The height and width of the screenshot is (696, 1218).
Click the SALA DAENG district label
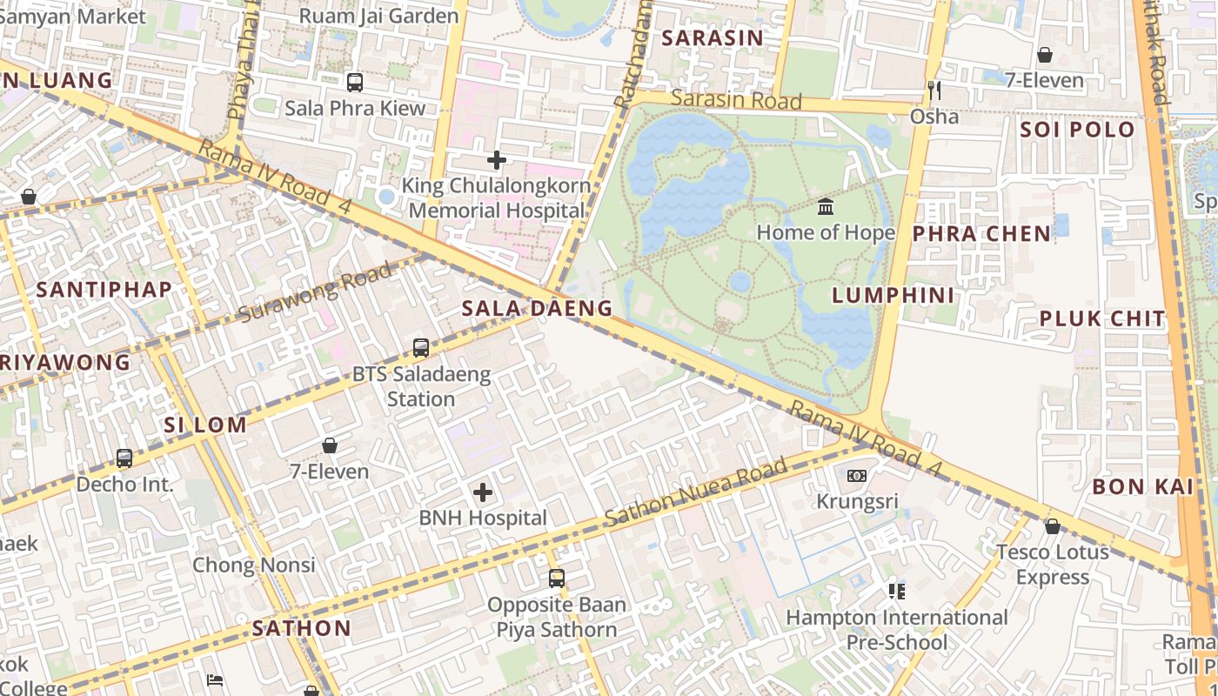coord(537,308)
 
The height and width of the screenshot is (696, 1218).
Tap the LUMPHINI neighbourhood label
coord(893,295)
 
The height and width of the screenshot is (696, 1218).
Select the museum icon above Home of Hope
coord(826,207)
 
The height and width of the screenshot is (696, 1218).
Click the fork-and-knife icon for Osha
coord(934,90)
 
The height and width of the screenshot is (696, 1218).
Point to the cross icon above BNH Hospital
coord(483,493)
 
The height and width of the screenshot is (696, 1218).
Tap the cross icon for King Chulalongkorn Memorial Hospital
coord(497,160)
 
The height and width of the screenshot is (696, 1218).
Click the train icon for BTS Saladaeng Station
coord(421,348)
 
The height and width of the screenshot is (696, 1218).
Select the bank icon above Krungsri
coord(857,476)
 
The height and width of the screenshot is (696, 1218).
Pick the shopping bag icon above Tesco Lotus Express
coord(1052,526)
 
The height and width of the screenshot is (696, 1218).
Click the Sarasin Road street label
coord(736,100)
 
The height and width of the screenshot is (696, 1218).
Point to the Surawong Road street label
coord(314,294)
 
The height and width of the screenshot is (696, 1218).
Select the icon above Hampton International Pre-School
coord(897,592)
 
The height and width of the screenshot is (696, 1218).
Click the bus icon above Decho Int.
coord(124,458)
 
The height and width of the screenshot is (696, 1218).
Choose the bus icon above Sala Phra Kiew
coord(355,83)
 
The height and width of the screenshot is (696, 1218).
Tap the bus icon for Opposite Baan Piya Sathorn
coord(556,579)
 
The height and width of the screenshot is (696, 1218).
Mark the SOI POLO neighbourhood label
coord(1077,130)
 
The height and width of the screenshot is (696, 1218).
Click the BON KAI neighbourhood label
coord(1142,486)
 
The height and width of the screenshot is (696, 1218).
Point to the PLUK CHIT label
coord(1101,318)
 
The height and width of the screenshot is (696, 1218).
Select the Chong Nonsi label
coord(253,565)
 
